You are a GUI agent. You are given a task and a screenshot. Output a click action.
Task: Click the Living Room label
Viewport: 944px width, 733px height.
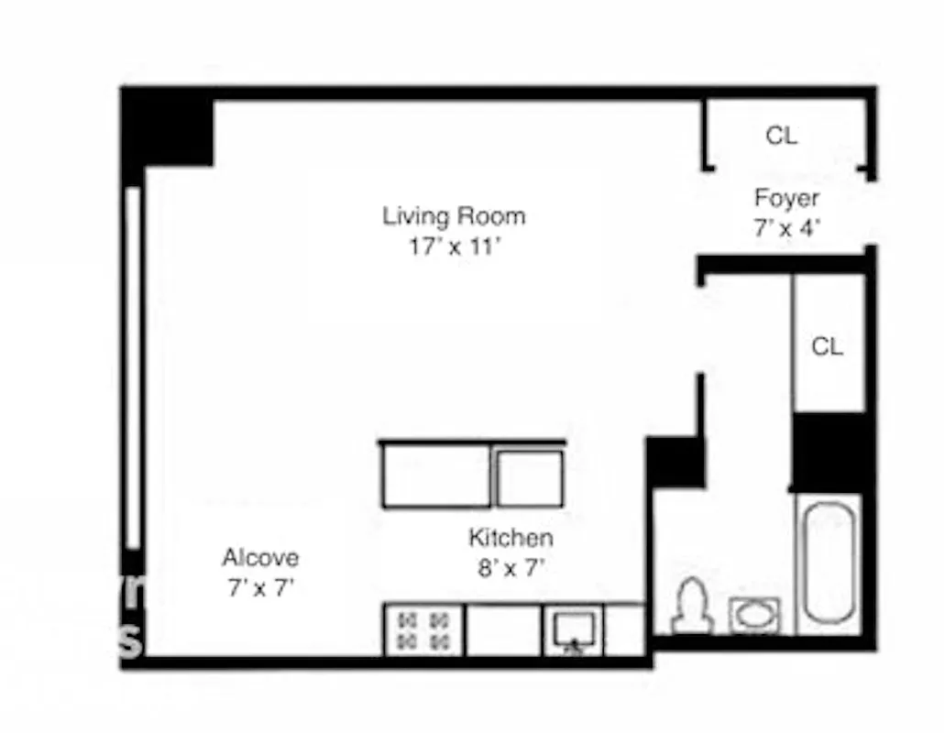click(x=454, y=217)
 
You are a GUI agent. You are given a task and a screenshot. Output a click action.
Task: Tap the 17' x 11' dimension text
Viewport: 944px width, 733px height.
click(x=454, y=246)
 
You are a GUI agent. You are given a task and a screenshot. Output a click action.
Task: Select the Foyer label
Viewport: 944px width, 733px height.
click(x=786, y=198)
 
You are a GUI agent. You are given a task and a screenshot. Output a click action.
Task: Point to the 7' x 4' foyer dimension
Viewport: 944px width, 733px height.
click(x=786, y=228)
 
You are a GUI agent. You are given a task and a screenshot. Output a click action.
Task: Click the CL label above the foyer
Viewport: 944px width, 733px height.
click(x=781, y=137)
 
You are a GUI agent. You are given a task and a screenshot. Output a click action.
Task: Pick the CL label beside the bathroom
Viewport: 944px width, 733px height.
click(x=827, y=347)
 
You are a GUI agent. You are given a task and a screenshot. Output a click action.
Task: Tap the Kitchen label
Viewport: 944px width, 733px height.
click(x=510, y=538)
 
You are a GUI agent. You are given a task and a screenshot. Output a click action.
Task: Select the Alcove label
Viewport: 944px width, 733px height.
click(x=260, y=558)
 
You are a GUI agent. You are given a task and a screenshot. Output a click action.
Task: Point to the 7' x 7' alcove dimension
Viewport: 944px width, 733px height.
click(x=260, y=587)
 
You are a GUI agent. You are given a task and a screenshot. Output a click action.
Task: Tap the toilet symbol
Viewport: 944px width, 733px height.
click(x=693, y=607)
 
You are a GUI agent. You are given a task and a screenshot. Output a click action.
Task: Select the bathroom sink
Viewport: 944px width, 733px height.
click(x=755, y=615)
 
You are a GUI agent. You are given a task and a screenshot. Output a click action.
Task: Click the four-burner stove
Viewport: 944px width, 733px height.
click(x=423, y=629)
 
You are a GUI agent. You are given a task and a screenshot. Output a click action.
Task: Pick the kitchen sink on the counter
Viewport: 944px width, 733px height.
click(x=574, y=629)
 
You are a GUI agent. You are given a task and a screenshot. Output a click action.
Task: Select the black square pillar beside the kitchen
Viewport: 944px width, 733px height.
click(x=675, y=462)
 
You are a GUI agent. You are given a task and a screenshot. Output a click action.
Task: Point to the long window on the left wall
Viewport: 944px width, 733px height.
click(x=133, y=366)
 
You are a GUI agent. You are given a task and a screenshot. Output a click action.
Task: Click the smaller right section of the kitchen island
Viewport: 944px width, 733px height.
click(x=529, y=477)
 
